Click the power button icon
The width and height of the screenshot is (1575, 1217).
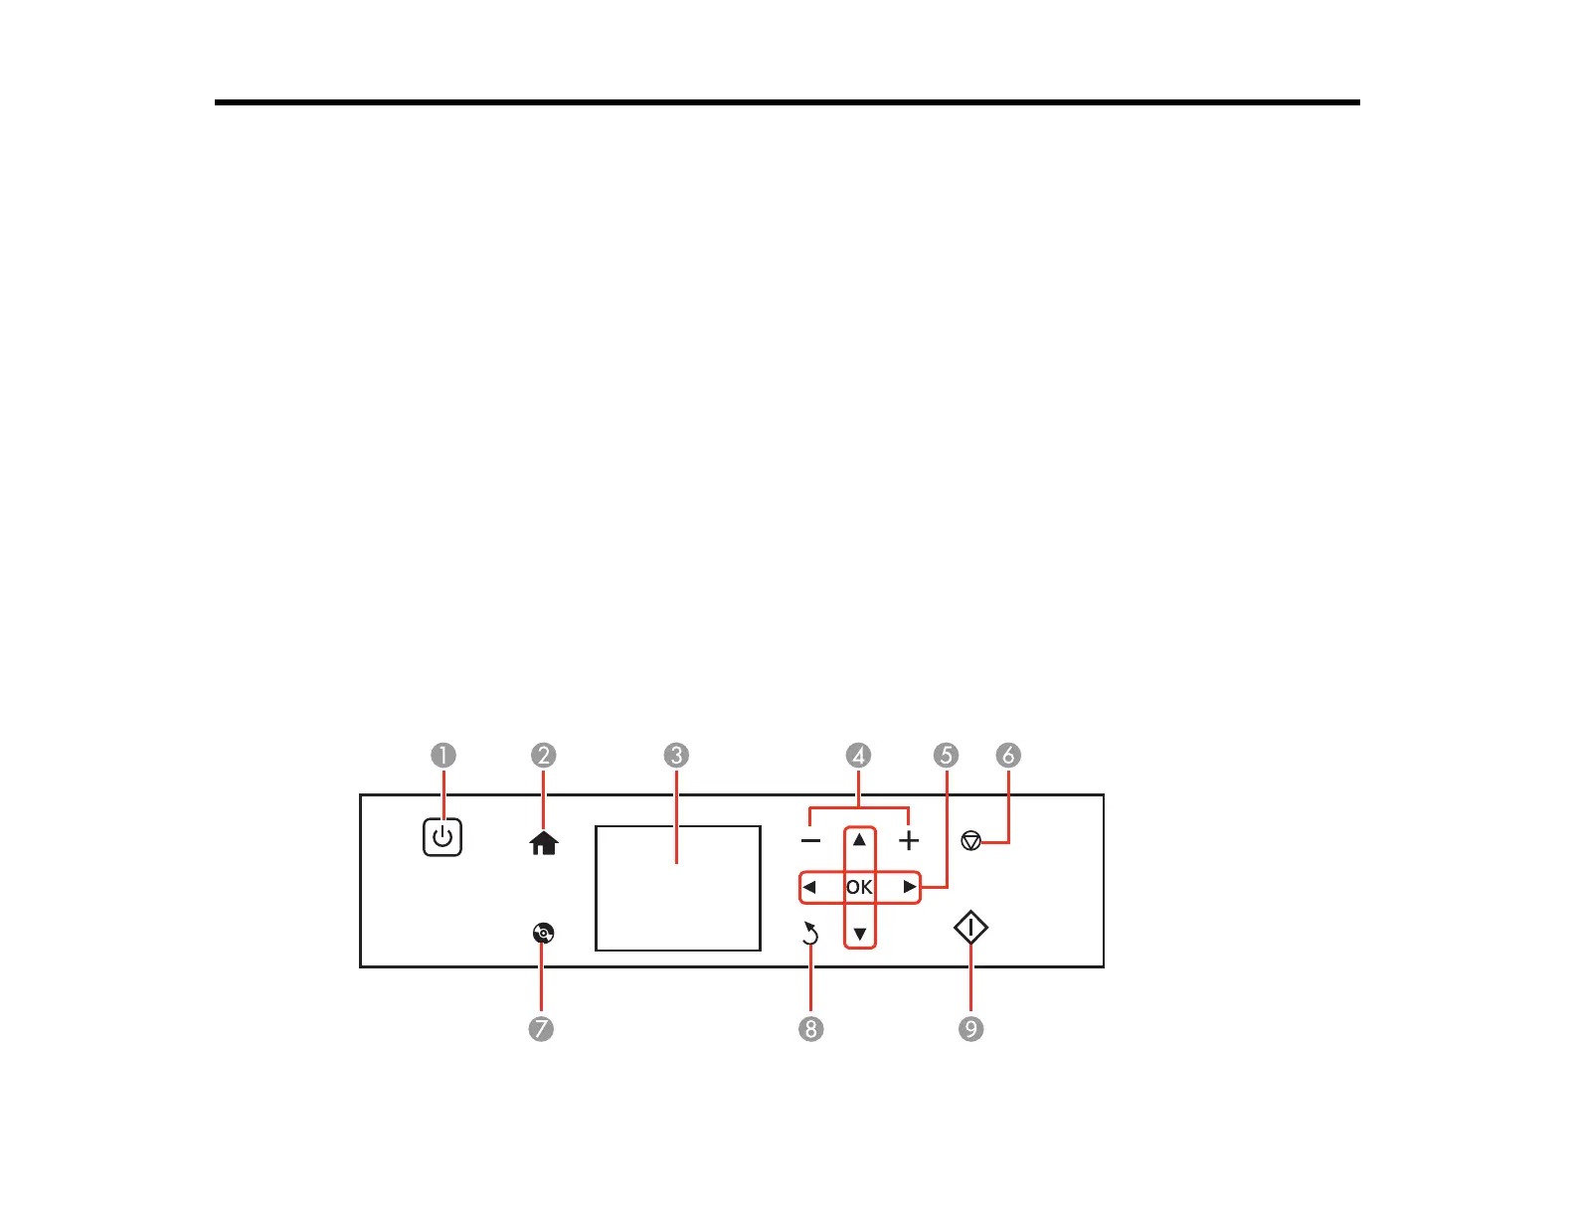point(442,837)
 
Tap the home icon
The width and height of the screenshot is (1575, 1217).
point(544,843)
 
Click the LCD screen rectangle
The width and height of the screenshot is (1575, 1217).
point(678,888)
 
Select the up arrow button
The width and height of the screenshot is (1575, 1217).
point(860,840)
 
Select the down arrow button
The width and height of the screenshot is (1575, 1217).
point(860,934)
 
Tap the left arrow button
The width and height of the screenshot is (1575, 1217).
point(810,887)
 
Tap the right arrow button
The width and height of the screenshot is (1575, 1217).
point(909,887)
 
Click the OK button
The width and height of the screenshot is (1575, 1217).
point(860,887)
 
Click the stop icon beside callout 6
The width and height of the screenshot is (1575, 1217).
point(971,841)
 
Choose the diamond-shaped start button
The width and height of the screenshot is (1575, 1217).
point(970,929)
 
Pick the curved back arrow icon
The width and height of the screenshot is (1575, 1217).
point(810,934)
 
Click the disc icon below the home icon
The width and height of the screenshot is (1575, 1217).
point(543,933)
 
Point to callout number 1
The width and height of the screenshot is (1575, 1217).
point(443,756)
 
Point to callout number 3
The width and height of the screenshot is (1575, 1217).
point(676,756)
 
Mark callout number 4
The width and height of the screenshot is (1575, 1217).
point(858,756)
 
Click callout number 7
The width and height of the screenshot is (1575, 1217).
point(541,1028)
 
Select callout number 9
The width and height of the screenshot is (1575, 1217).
point(970,1028)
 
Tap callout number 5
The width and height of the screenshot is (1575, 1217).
point(946,756)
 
